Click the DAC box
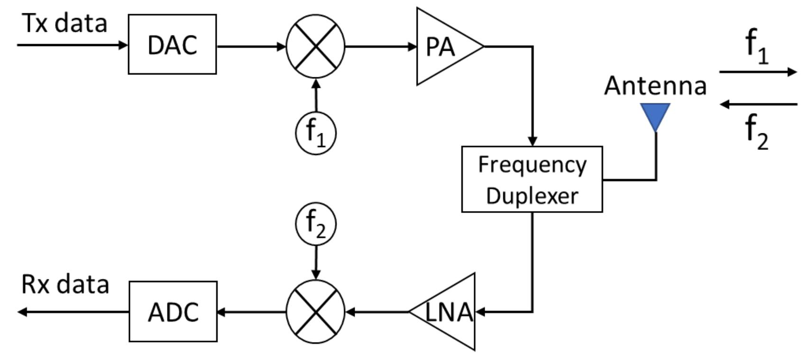pos(172,45)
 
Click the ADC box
pos(173,312)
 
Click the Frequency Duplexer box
pos(532,179)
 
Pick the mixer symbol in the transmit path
pos(316,46)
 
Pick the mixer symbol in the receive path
pos(316,312)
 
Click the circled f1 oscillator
pos(316,133)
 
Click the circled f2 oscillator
pos(316,224)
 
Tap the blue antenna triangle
pos(655,114)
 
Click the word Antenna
pos(655,86)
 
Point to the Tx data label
pos(65,23)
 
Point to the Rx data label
pos(65,285)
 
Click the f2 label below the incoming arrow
pos(757,133)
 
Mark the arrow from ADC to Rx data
pos(73,312)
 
